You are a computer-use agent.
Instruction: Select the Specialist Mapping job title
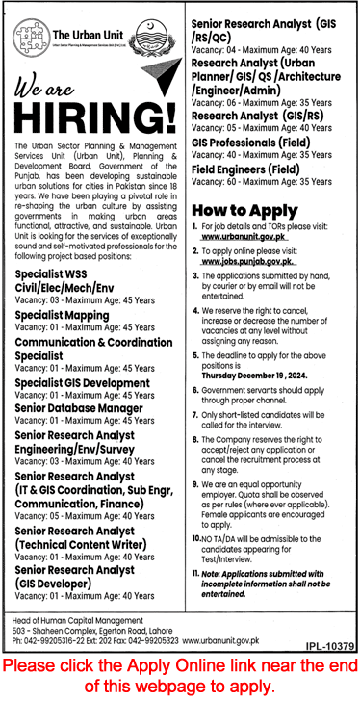tap(62, 315)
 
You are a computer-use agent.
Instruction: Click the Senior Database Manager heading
tap(78, 408)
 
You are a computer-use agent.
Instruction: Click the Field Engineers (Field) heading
tap(245, 168)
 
